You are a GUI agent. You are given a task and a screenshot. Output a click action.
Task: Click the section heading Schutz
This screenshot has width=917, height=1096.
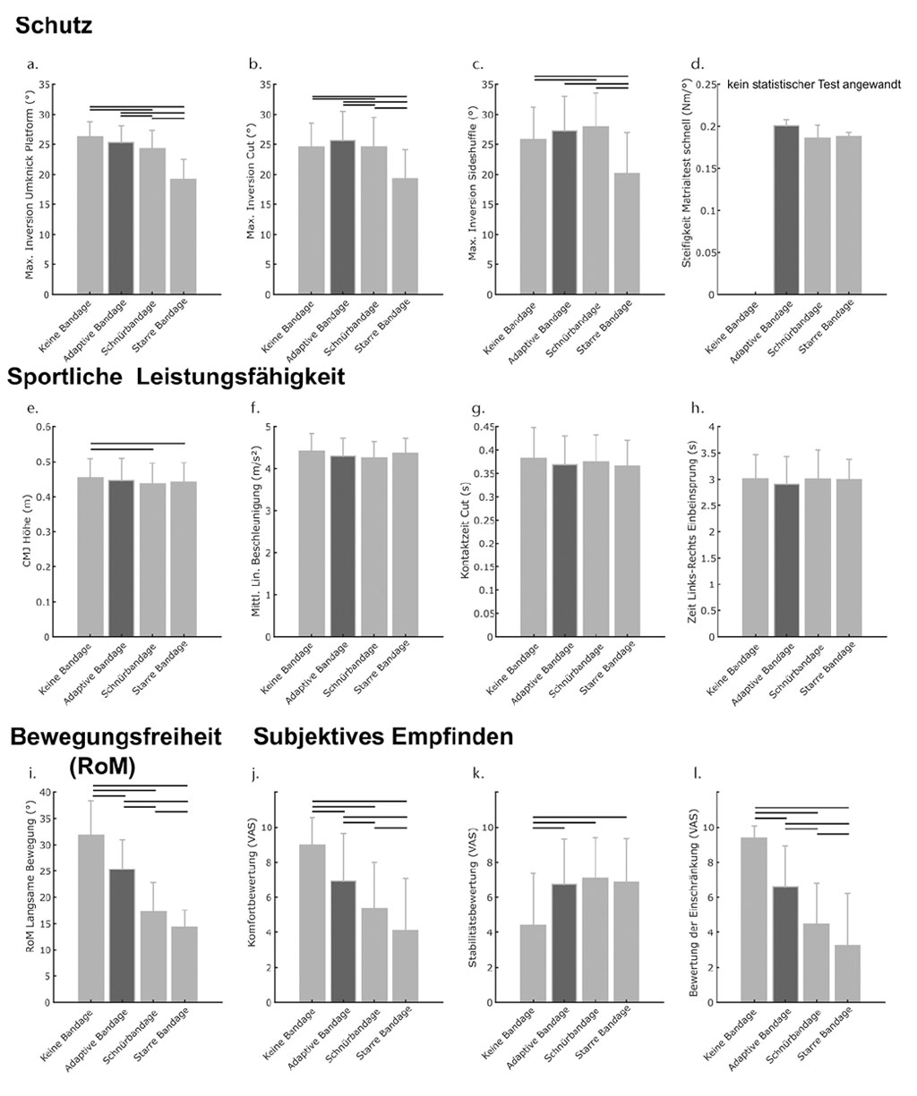pos(53,26)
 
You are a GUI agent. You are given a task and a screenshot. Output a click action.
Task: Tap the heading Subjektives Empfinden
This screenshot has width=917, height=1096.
pos(383,736)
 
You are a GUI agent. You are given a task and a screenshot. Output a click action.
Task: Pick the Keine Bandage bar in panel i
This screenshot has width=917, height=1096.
pos(90,917)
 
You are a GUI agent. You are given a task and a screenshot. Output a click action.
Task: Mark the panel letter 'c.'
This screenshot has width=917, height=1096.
pos(477,64)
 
